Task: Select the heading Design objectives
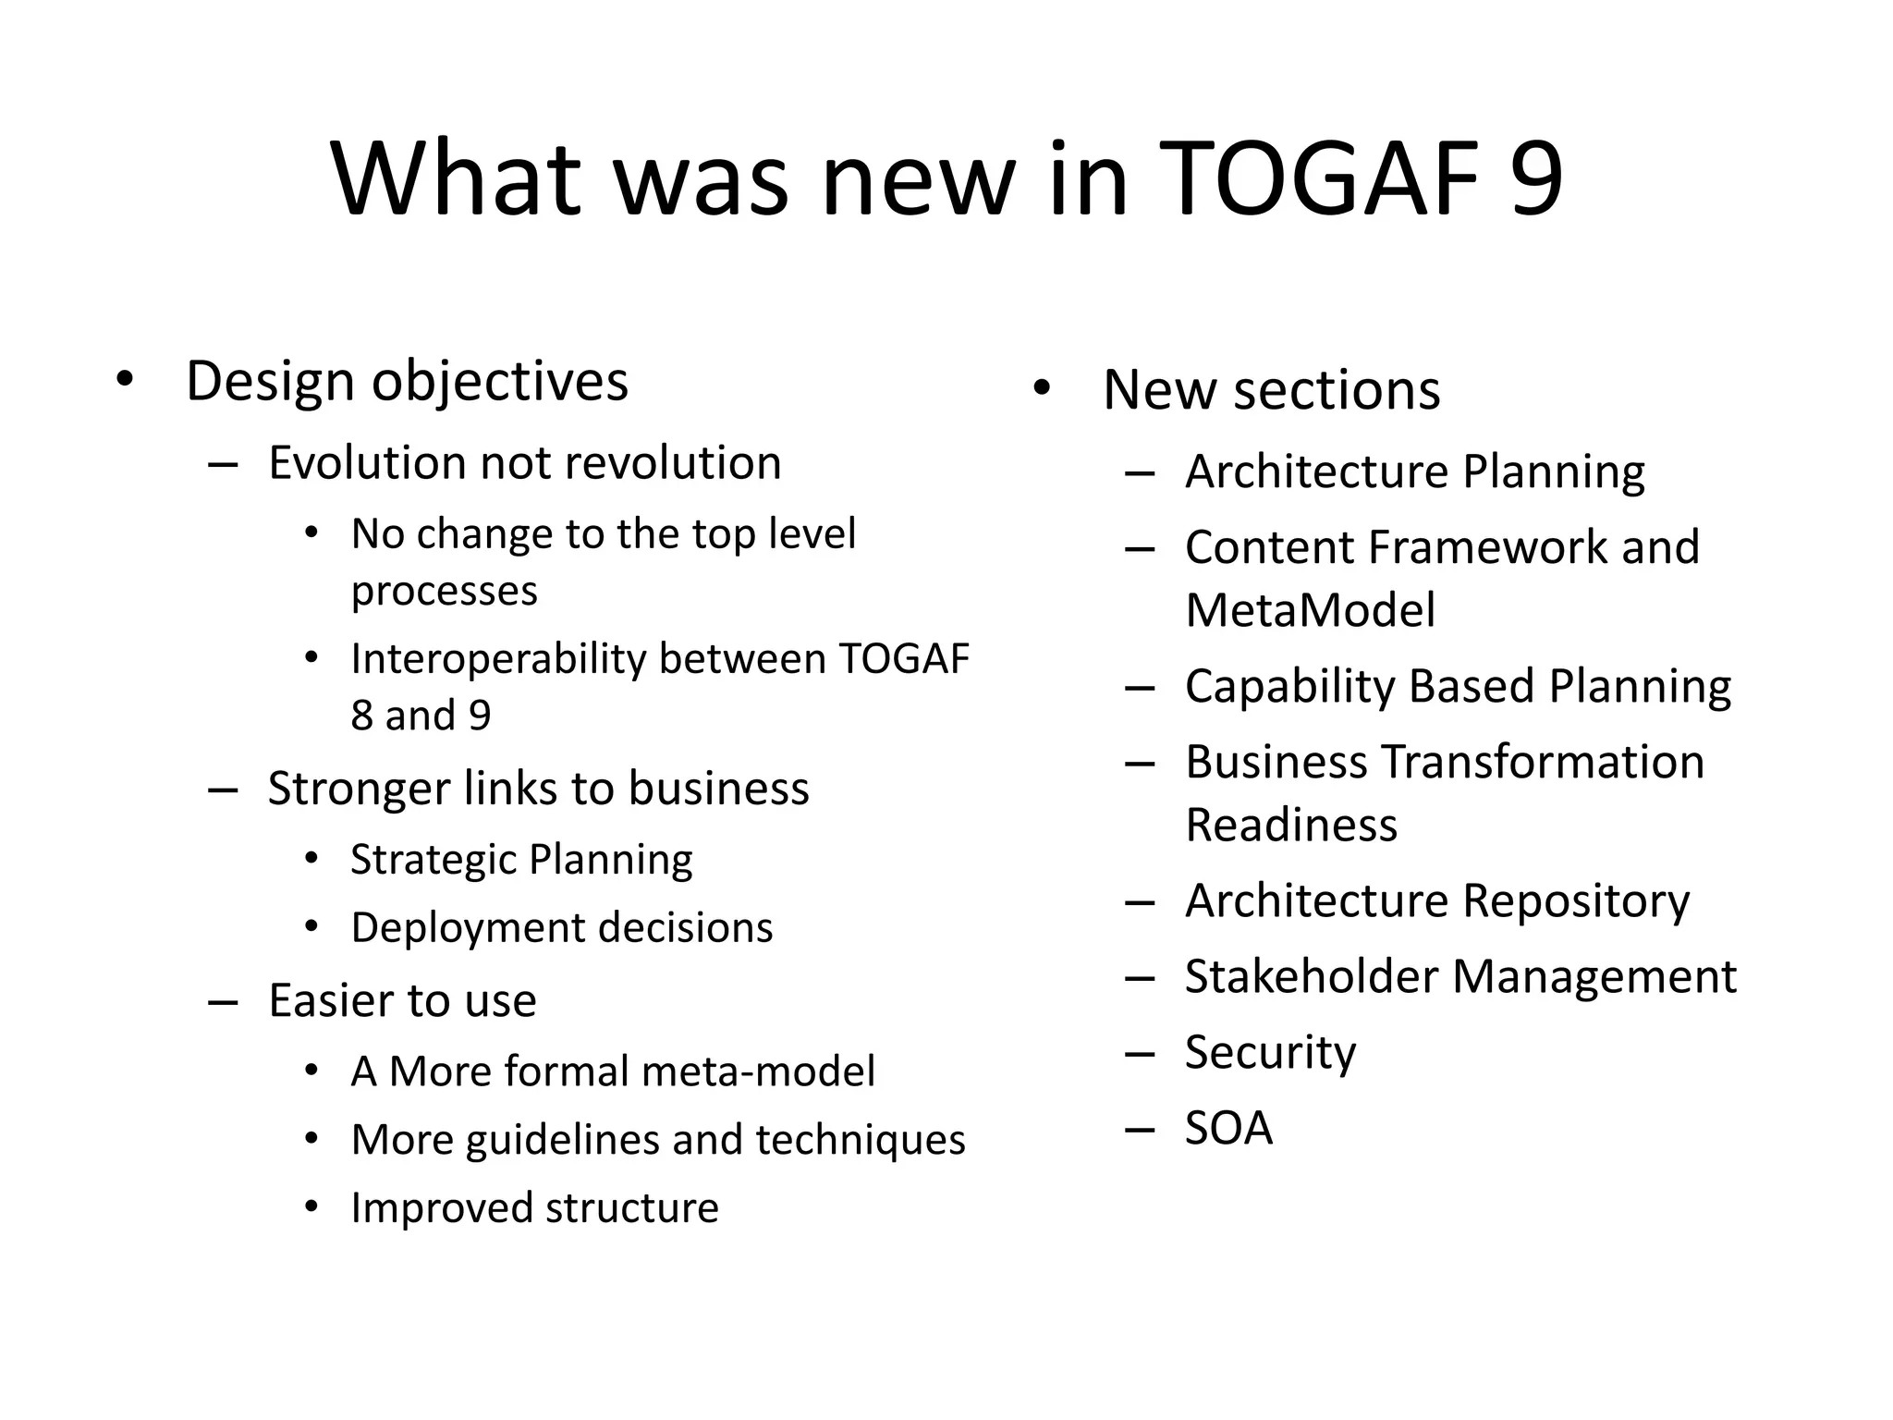[x=407, y=381]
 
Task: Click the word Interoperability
[x=498, y=659]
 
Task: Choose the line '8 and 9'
[x=421, y=716]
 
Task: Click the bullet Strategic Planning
[x=521, y=860]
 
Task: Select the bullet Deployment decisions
[x=561, y=928]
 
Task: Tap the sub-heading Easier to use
[x=402, y=1000]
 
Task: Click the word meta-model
[x=757, y=1071]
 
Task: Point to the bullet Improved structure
[x=534, y=1208]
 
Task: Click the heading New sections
[x=1271, y=389]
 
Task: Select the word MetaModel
[x=1310, y=610]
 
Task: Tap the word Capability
[x=1289, y=687]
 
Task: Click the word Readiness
[x=1291, y=825]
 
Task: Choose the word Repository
[x=1576, y=901]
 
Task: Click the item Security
[x=1270, y=1053]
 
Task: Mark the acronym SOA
[x=1228, y=1128]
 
